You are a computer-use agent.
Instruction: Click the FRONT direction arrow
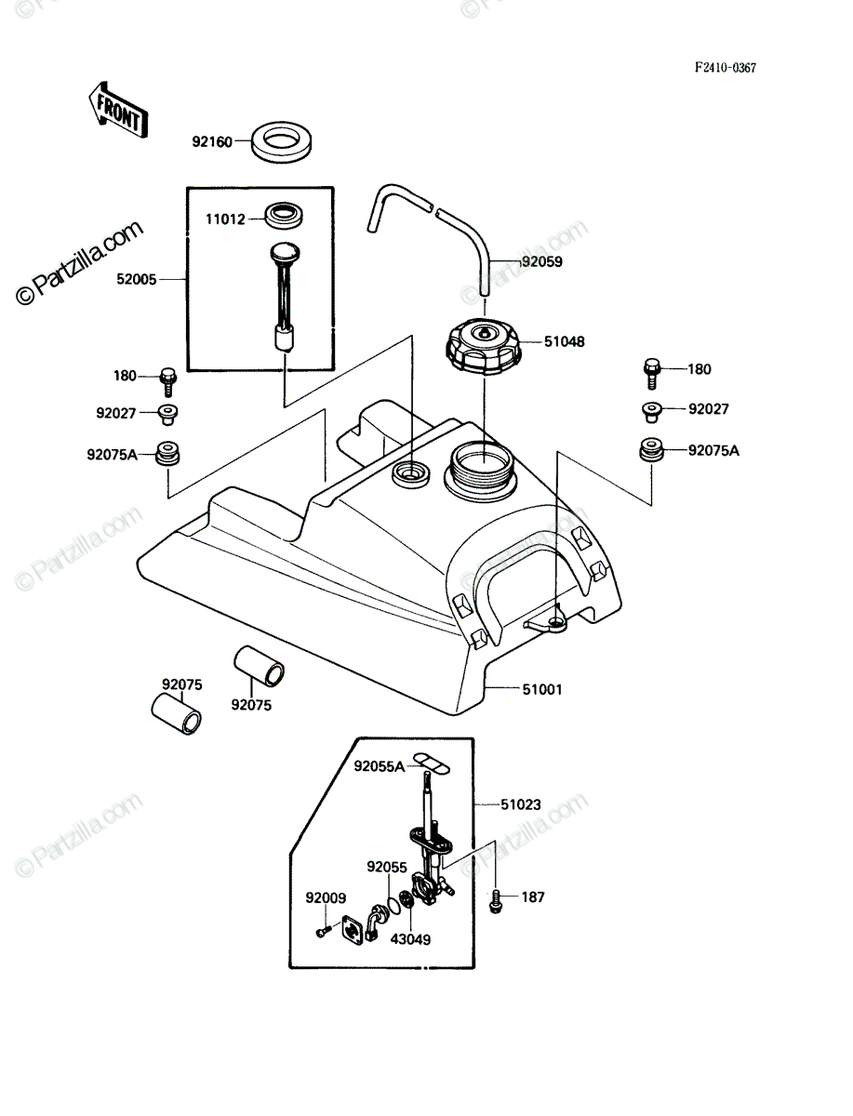click(x=118, y=111)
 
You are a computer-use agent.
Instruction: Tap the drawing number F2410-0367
click(x=726, y=68)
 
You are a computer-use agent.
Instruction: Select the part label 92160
click(x=212, y=142)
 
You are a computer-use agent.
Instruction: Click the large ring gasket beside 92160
click(x=282, y=143)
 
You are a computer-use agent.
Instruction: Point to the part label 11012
click(x=225, y=219)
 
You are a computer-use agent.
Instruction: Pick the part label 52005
click(x=136, y=279)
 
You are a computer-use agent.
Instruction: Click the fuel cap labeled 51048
click(x=484, y=348)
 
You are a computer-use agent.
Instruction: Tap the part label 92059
click(x=542, y=262)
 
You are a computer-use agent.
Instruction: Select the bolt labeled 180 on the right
click(x=652, y=374)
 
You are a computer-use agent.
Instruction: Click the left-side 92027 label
click(x=116, y=413)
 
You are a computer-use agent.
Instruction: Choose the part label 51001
click(x=542, y=689)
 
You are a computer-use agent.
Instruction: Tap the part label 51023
click(x=521, y=804)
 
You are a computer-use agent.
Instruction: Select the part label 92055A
click(x=380, y=766)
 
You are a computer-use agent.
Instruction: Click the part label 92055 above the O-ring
click(x=387, y=867)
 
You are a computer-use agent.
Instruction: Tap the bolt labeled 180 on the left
click(x=167, y=381)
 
